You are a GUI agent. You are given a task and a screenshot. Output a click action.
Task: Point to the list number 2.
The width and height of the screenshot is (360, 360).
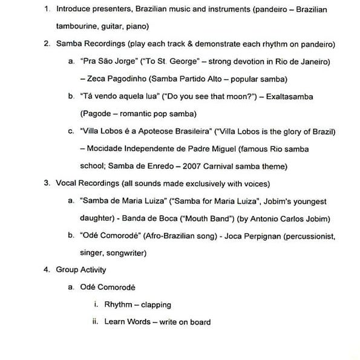(47, 44)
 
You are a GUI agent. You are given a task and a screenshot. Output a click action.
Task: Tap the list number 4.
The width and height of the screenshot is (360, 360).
(47, 270)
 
